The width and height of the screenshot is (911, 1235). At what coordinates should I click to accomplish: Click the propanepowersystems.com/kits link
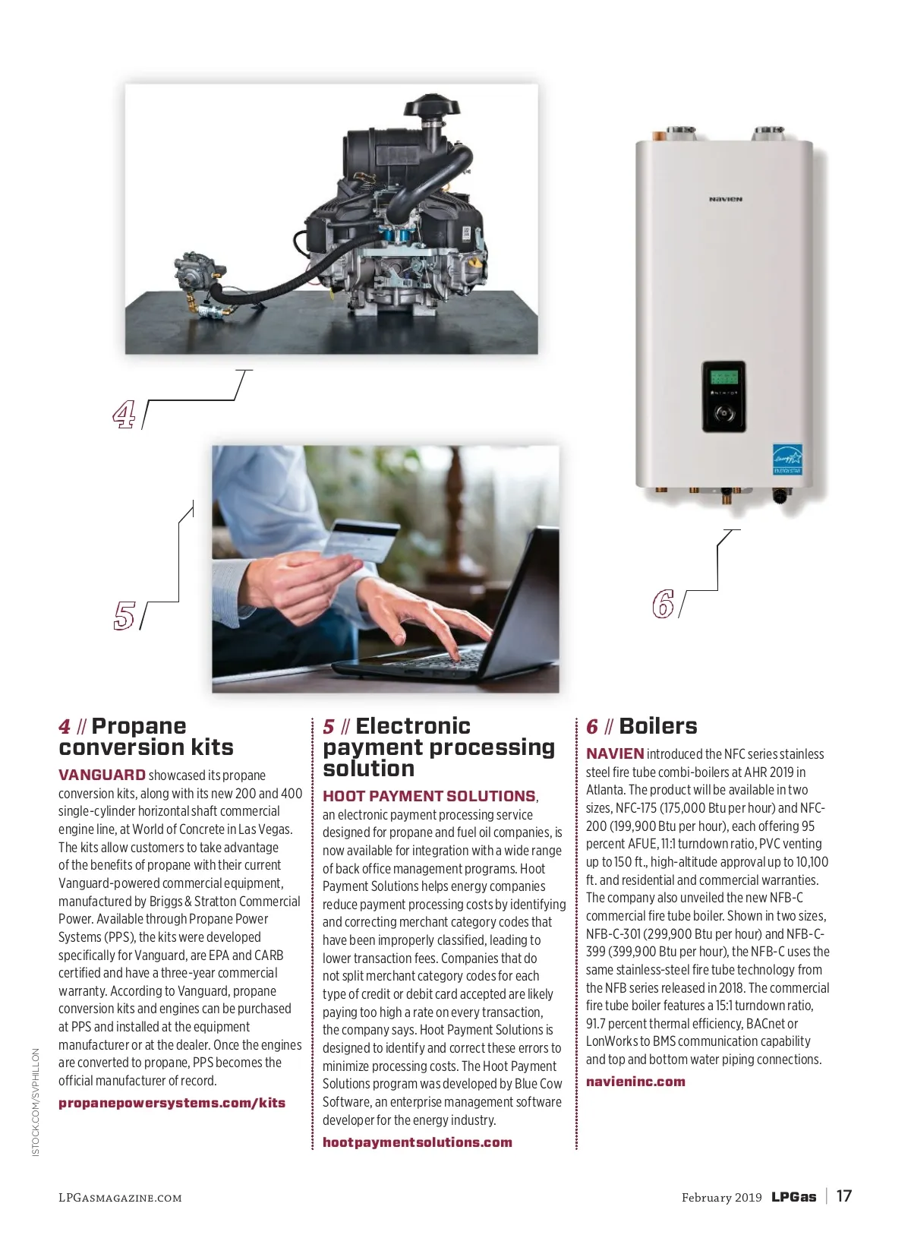point(172,1103)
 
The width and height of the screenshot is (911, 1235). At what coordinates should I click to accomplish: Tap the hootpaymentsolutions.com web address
point(418,1142)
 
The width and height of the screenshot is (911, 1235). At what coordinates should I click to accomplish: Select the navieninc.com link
point(635,1082)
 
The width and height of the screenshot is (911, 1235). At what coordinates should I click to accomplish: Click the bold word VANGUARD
point(102,775)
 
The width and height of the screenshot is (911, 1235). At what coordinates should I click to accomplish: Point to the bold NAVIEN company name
point(615,753)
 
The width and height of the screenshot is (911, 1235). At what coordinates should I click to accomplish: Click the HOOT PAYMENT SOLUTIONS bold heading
point(429,796)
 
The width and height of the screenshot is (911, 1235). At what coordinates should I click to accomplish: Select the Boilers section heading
point(657,726)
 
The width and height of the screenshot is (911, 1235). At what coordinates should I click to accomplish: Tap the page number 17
point(843,1196)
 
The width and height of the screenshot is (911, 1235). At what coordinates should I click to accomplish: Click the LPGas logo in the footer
point(793,1196)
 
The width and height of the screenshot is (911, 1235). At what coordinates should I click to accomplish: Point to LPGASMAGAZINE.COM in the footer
point(120,1198)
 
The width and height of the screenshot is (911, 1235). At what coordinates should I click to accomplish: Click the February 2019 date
point(721,1197)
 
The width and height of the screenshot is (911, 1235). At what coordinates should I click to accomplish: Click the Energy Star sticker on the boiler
point(787,459)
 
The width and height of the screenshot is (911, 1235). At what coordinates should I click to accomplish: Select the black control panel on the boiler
point(723,396)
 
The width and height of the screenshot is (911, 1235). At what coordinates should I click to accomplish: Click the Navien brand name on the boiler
point(725,199)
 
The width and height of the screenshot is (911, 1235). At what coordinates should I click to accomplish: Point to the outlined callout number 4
point(124,414)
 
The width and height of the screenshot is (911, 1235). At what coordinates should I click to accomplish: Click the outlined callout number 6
point(663,604)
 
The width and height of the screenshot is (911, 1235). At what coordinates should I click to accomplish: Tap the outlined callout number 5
point(124,615)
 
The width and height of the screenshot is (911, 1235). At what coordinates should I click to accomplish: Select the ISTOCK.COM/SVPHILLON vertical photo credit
point(36,1102)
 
